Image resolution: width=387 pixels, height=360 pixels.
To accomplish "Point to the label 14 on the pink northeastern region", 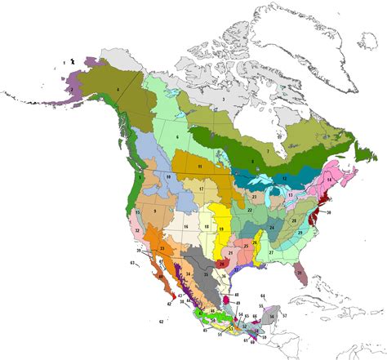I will [329, 178].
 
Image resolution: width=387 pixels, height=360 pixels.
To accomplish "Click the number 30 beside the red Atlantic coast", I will [328, 212].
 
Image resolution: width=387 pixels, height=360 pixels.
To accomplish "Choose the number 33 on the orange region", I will [162, 247].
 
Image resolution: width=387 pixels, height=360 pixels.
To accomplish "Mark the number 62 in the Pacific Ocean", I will [161, 323].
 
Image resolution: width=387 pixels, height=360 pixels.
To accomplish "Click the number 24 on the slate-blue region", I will [271, 227].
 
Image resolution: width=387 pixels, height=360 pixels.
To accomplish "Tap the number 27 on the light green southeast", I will [270, 253].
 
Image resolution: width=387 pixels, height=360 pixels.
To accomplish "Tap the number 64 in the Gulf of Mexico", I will [262, 294].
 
